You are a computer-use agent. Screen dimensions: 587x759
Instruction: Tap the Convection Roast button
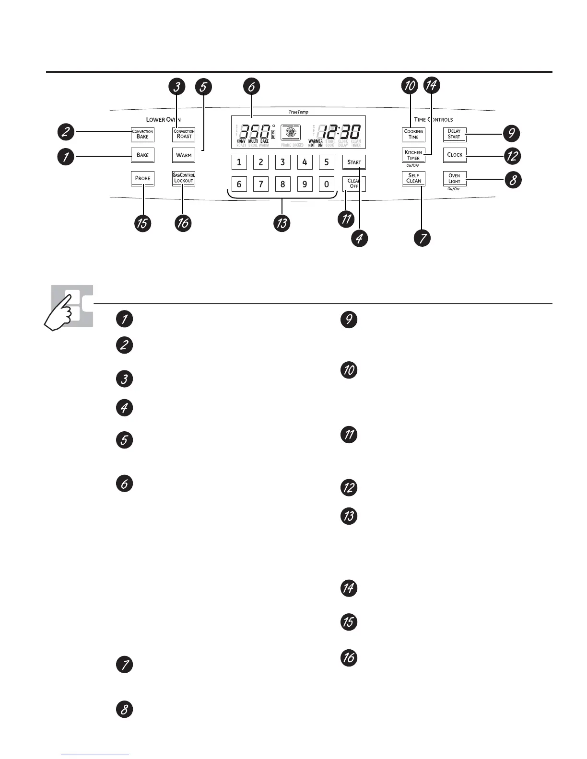point(184,134)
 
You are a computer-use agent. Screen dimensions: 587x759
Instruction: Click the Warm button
point(184,155)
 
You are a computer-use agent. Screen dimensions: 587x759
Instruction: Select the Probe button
point(142,178)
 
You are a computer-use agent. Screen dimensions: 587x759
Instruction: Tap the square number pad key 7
point(260,184)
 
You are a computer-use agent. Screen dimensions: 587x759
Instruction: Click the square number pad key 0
point(327,184)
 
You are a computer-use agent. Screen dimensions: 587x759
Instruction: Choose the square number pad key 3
point(282,162)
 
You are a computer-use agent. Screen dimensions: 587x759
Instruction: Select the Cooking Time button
point(413,134)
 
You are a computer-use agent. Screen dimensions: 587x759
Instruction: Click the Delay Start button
point(454,134)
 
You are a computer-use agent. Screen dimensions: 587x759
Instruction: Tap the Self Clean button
point(413,178)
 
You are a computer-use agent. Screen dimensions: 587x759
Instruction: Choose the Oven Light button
point(454,179)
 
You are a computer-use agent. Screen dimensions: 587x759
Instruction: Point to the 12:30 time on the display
point(341,132)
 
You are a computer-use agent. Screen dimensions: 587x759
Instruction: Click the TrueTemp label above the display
point(298,112)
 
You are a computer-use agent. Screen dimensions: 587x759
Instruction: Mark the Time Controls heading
point(433,119)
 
